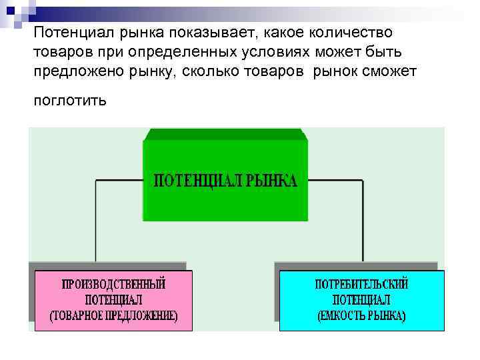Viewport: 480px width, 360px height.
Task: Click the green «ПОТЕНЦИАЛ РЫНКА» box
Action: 226,200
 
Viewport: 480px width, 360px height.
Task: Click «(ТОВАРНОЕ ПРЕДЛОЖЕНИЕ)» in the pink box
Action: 114,316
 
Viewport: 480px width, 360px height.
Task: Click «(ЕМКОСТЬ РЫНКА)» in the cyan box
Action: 361,315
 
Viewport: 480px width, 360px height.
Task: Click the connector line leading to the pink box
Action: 97,220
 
